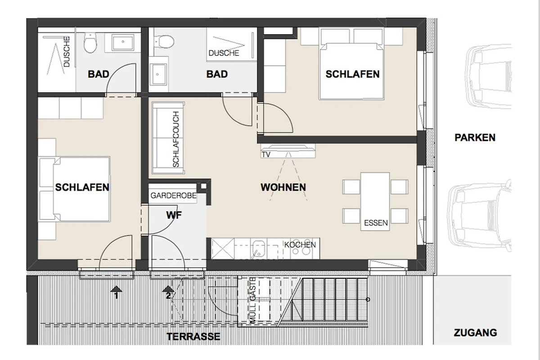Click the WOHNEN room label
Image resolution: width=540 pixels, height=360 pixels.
pyautogui.click(x=283, y=187)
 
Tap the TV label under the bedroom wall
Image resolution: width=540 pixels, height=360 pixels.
pyautogui.click(x=266, y=154)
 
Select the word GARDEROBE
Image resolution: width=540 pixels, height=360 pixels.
pyautogui.click(x=173, y=196)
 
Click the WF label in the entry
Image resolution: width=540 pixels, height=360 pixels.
pyautogui.click(x=174, y=215)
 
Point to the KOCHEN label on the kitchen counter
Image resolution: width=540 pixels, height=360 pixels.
pyautogui.click(x=300, y=245)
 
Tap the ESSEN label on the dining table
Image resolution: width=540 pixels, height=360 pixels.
pyautogui.click(x=376, y=223)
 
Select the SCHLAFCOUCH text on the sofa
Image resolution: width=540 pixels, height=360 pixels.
pyautogui.click(x=176, y=139)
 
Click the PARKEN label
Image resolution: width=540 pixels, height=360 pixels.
pyautogui.click(x=475, y=137)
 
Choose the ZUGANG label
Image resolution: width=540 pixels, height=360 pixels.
pyautogui.click(x=475, y=333)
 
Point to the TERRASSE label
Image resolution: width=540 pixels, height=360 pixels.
pyautogui.click(x=193, y=337)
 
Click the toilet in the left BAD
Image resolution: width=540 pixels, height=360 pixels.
pyautogui.click(x=90, y=43)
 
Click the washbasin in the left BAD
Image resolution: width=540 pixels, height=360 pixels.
pyautogui.click(x=123, y=42)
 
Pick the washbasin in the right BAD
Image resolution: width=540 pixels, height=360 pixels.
pyautogui.click(x=158, y=74)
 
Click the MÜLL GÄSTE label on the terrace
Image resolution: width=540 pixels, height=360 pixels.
pyautogui.click(x=252, y=300)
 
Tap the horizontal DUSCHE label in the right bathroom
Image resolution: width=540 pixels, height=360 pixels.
pyautogui.click(x=224, y=53)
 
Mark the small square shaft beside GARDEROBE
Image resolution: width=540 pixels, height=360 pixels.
pyautogui.click(x=203, y=186)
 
